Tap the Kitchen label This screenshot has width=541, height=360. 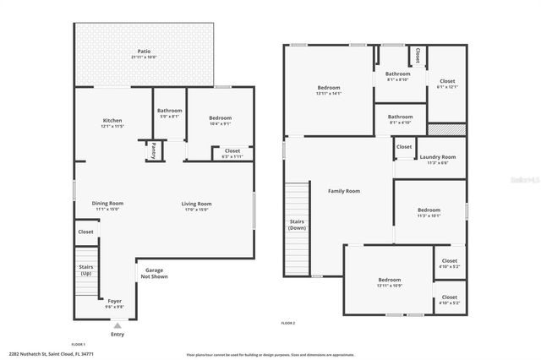[x=113, y=120]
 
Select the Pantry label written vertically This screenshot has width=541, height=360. [x=154, y=151]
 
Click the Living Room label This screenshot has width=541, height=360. [x=196, y=203]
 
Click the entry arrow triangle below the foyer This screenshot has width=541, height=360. [x=117, y=325]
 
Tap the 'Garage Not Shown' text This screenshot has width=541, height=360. [x=153, y=273]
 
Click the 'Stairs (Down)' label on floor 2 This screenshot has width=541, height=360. [x=298, y=224]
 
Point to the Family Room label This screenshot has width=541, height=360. [x=344, y=191]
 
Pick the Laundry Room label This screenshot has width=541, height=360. [x=437, y=157]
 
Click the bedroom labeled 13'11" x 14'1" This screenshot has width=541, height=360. [x=329, y=89]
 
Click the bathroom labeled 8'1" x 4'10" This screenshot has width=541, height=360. [x=401, y=117]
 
